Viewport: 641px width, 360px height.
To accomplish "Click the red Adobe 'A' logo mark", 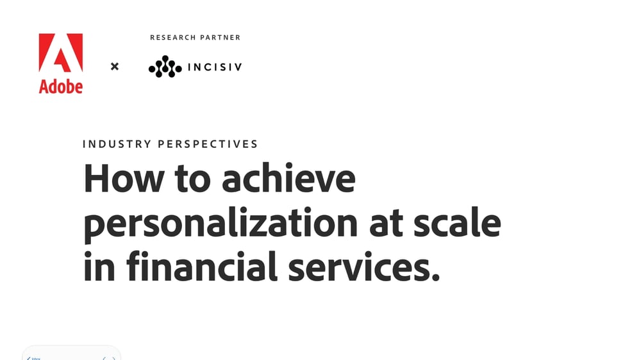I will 61,53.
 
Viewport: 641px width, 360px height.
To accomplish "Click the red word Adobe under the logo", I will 61,86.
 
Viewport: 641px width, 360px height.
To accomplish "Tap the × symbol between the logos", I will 115,66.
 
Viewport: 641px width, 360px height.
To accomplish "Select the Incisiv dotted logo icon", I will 165,67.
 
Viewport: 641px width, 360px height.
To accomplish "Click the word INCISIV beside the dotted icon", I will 214,67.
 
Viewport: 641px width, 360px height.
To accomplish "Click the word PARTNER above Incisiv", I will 221,38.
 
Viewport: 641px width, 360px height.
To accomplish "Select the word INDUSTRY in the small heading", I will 117,144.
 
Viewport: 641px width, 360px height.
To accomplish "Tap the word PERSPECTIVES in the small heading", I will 208,144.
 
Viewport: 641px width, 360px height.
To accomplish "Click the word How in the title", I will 124,179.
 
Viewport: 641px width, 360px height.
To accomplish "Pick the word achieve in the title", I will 288,179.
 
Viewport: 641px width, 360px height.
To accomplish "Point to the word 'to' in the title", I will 193,179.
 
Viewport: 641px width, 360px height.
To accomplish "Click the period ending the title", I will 436,279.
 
